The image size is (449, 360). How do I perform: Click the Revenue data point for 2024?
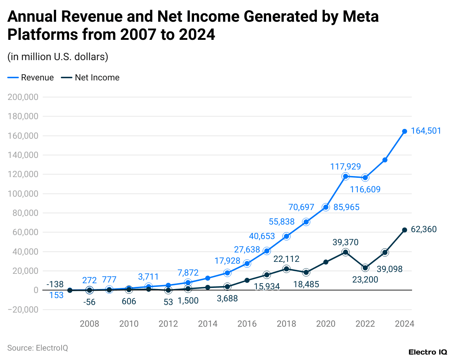[404, 131]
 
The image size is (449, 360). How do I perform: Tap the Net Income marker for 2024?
[404, 230]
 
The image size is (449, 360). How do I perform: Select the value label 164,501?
[426, 131]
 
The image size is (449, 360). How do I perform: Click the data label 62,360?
[424, 229]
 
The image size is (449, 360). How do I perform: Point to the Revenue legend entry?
[31, 78]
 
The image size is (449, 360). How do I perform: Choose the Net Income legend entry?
[91, 78]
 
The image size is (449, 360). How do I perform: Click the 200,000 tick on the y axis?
[23, 97]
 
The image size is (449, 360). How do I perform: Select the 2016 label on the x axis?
[247, 324]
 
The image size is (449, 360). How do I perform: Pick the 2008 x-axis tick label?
[89, 324]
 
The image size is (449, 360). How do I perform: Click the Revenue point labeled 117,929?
[345, 176]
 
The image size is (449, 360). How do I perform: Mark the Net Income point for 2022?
[365, 268]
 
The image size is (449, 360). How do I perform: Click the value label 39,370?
[345, 242]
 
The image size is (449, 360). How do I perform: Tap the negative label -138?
[55, 284]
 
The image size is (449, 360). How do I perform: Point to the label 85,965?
[347, 207]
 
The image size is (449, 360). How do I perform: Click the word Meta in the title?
[360, 17]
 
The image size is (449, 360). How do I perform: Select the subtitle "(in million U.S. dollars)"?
[58, 57]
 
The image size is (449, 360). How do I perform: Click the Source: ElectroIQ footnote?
[38, 348]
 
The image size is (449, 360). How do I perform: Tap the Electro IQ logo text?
[428, 352]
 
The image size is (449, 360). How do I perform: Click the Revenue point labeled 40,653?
[267, 251]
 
